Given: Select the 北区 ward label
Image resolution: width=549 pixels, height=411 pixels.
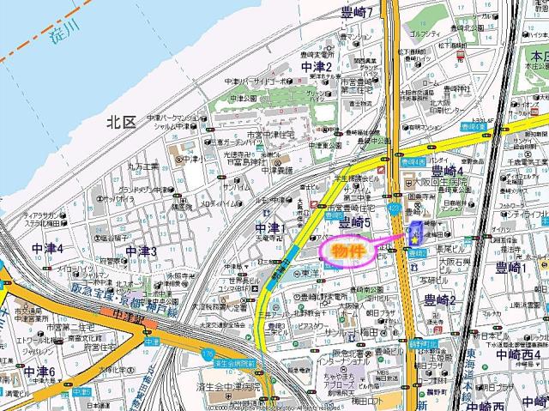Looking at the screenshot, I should tap(121, 124).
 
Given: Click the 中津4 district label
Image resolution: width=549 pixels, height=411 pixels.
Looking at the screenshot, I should tap(47, 249).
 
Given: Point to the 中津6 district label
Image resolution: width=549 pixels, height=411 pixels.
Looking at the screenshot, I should tap(39, 372).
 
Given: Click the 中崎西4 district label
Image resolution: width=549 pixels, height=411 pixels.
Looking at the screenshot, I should tap(515, 354).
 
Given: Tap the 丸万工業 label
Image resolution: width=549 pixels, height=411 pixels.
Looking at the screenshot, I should tap(142, 166).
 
